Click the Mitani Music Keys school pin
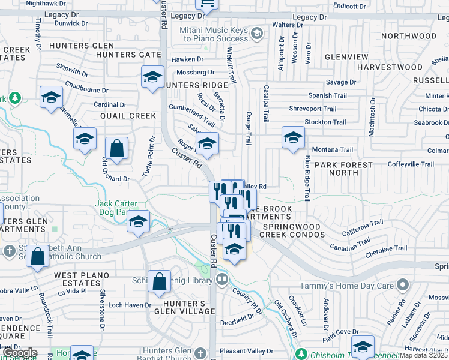click(258, 32)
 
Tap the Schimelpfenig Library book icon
click(222, 280)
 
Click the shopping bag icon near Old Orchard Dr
click(116, 148)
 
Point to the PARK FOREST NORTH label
click(344, 169)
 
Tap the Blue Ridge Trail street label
click(307, 178)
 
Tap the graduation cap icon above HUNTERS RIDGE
click(153, 77)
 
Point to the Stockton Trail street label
click(325, 122)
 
